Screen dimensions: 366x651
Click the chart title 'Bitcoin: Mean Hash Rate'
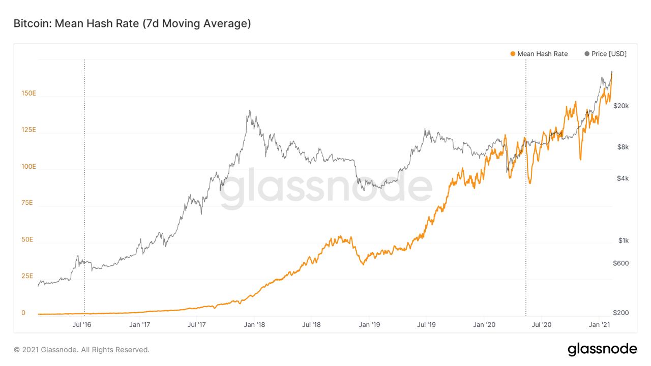click(x=132, y=23)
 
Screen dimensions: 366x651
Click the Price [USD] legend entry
click(x=606, y=54)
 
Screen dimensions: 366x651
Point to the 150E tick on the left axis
click(x=28, y=93)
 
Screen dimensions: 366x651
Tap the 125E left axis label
click(x=28, y=130)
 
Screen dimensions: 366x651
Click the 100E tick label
click(x=28, y=166)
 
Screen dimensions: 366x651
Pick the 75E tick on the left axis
click(x=27, y=203)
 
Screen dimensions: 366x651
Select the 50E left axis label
click(x=27, y=239)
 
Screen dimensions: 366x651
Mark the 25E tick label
click(x=27, y=276)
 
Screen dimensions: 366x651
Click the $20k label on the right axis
click(x=621, y=106)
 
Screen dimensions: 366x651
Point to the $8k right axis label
click(x=623, y=147)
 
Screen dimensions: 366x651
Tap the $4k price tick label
click(x=623, y=178)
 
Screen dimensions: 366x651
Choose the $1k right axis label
click(x=624, y=240)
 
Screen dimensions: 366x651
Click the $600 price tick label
click(x=621, y=263)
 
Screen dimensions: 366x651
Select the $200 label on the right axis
click(x=621, y=313)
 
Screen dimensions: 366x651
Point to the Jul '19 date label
click(x=426, y=324)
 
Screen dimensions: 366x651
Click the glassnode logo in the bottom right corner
click(x=602, y=349)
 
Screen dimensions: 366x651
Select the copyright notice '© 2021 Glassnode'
click(x=81, y=350)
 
